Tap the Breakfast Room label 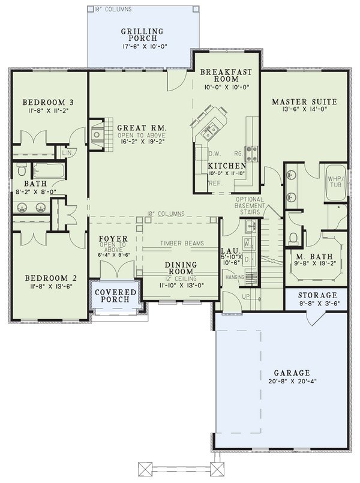(x=226, y=75)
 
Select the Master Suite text (x=304, y=101)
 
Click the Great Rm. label (x=142, y=128)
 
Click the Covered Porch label (x=117, y=295)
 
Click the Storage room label (x=317, y=296)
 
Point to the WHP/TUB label (x=334, y=182)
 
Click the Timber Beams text (x=182, y=244)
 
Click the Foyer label (x=112, y=240)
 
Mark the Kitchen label (x=227, y=166)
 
